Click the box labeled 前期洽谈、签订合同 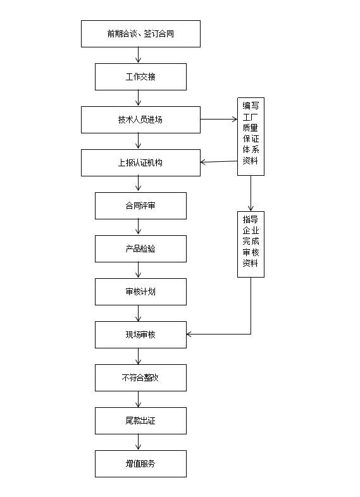140,34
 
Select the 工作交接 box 140,77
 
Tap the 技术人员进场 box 140,120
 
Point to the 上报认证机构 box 140,163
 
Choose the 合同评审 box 140,206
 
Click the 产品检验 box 140,248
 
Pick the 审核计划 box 140,291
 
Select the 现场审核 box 140,334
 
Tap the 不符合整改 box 140,377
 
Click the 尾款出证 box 140,420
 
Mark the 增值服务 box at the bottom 140,463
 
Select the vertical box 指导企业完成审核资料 251,244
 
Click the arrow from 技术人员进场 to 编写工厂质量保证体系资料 219,119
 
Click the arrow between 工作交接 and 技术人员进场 139,98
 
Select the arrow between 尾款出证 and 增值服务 139,442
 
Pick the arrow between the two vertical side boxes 251,193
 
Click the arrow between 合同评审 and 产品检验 139,227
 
